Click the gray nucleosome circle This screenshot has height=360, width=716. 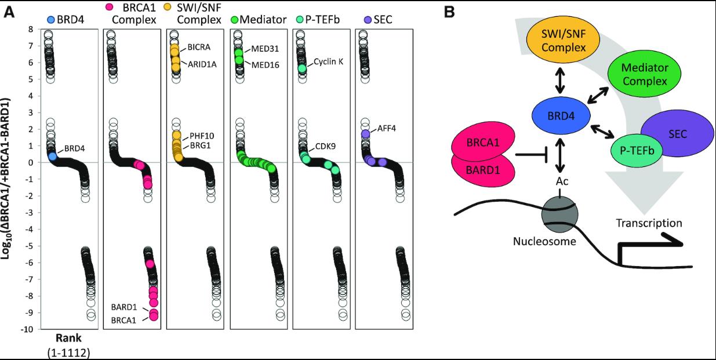[559, 216]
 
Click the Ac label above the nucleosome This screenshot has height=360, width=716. [559, 181]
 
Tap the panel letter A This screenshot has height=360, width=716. [10, 11]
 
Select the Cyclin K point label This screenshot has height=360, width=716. [328, 62]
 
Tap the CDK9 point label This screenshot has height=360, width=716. [325, 146]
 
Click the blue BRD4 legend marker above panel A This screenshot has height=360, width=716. [53, 20]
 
